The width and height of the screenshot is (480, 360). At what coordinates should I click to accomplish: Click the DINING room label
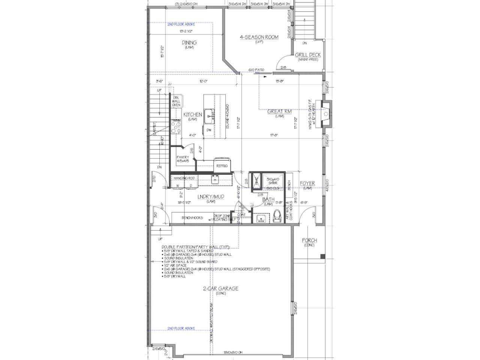coord(189,43)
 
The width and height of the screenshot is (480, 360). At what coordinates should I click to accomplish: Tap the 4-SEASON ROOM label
coord(259,37)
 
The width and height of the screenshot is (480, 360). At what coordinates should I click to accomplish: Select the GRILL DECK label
coord(308,55)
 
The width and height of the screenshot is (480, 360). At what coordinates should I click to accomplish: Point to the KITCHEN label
coord(192,115)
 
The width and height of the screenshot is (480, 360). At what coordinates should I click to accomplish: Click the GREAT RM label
coord(279,111)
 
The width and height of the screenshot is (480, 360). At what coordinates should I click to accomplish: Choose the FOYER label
coord(307,183)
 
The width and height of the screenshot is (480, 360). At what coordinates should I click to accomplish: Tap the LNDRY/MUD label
coord(210,196)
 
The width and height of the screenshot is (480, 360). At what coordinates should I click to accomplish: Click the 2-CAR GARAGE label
coord(220,289)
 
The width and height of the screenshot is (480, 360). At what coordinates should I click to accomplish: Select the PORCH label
coord(309,240)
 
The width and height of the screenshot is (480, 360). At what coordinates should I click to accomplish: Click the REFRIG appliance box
coord(220,166)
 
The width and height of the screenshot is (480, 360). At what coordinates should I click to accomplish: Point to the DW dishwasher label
coord(209,130)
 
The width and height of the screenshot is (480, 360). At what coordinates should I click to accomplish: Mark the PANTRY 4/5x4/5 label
coord(183,159)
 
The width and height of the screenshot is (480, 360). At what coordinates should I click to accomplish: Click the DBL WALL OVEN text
coord(176,101)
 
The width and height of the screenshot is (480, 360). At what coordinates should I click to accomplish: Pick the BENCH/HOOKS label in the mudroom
coord(192,218)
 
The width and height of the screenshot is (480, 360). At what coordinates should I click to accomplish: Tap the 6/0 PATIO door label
coord(256,70)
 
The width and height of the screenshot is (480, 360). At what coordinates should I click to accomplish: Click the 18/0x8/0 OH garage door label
coord(233,353)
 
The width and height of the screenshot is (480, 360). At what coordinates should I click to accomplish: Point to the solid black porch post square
coord(323,256)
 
